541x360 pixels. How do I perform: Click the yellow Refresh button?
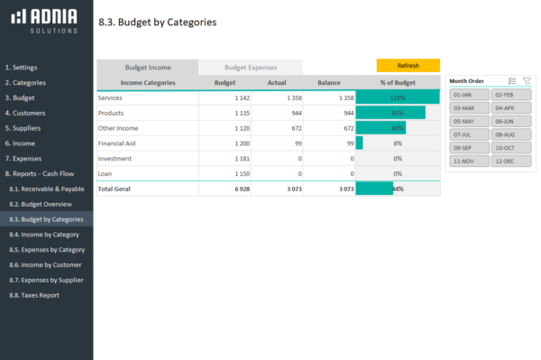click(x=408, y=66)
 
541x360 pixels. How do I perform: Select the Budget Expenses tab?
click(x=250, y=68)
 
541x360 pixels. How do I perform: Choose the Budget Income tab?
click(x=147, y=68)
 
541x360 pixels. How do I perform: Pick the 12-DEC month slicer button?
click(x=510, y=161)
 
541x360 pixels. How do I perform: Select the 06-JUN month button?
click(x=510, y=121)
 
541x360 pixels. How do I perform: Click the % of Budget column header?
click(x=397, y=82)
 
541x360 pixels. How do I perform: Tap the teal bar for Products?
click(x=390, y=113)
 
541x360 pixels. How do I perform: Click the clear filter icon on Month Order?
click(x=526, y=80)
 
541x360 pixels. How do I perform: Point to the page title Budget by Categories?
click(x=157, y=22)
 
